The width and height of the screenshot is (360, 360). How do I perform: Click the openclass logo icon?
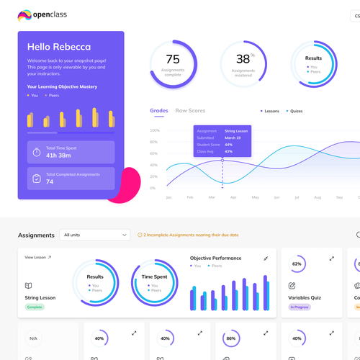tap(24, 14)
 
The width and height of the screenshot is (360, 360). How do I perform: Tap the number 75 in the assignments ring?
tap(173, 59)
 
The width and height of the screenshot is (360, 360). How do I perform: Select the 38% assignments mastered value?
tap(243, 59)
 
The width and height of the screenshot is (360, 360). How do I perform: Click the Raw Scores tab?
tap(190, 111)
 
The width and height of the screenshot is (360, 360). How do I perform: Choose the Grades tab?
tap(159, 111)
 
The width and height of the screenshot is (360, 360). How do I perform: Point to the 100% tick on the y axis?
tap(155, 131)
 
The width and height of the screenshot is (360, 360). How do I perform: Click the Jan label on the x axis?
tap(169, 197)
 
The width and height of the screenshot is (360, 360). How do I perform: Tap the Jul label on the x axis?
tap(297, 197)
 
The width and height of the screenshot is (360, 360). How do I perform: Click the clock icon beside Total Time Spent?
tap(37, 152)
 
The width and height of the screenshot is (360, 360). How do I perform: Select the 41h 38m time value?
tap(58, 156)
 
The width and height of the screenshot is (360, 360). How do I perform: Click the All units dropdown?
tap(95, 235)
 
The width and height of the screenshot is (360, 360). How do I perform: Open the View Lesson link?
tap(37, 257)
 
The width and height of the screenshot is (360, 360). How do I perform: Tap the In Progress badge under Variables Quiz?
tap(300, 307)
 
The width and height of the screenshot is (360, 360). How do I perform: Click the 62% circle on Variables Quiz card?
tap(297, 264)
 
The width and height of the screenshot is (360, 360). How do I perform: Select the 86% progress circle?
tap(231, 338)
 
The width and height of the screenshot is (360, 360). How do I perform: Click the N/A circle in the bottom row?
tap(33, 338)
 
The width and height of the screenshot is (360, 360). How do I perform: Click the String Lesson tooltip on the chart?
tap(222, 141)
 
